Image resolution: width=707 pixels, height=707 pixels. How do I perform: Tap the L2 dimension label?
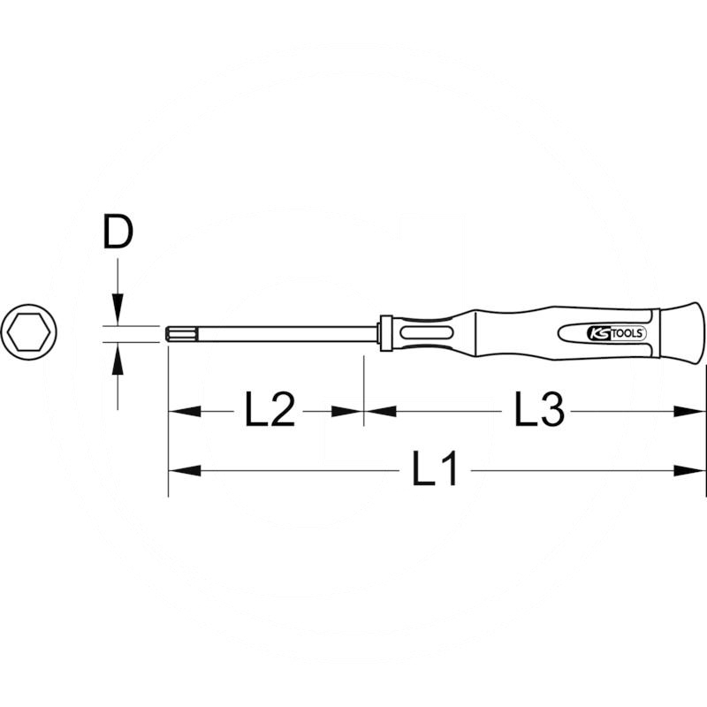point(270,412)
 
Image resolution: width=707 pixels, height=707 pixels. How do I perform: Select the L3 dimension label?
point(539,412)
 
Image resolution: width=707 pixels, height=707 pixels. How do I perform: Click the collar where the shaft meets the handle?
point(384,333)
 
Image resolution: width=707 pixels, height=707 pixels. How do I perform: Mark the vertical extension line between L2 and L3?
point(363,389)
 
